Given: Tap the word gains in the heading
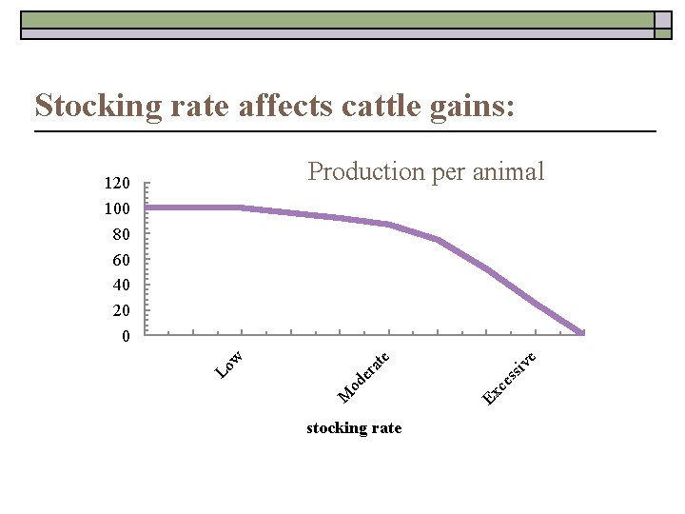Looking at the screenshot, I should point(469,105).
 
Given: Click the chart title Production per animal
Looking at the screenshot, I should point(425,171).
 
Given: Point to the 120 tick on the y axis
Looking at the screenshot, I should point(117,183).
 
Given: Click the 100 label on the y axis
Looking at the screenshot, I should point(117,208).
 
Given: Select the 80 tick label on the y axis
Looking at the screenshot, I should point(121,234).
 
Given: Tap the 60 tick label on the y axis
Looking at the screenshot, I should point(121,260).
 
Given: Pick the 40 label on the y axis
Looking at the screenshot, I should point(121,286).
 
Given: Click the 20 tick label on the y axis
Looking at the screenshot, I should point(121,311).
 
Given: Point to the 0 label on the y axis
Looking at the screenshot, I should point(125,337).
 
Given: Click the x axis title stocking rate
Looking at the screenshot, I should point(354,428).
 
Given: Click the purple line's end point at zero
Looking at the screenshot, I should point(581,332).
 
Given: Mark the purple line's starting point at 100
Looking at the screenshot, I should point(147,208).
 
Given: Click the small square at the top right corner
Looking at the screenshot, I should point(663,20).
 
